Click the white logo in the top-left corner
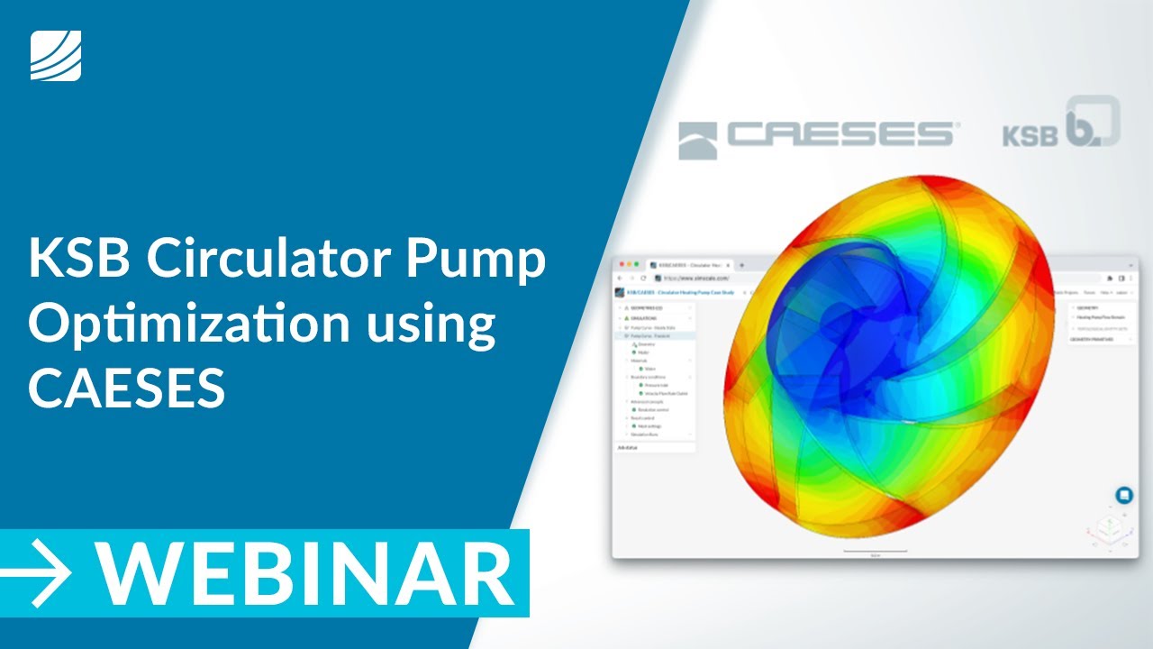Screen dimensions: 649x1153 pos(56,55)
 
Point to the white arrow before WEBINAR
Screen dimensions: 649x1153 pos(37,573)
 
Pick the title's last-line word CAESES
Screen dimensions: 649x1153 pos(126,388)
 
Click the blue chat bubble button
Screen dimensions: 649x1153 pos(1123,495)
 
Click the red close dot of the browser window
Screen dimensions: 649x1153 pos(621,265)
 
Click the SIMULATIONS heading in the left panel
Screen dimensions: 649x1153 pos(642,318)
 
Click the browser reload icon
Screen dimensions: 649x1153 pos(642,279)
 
